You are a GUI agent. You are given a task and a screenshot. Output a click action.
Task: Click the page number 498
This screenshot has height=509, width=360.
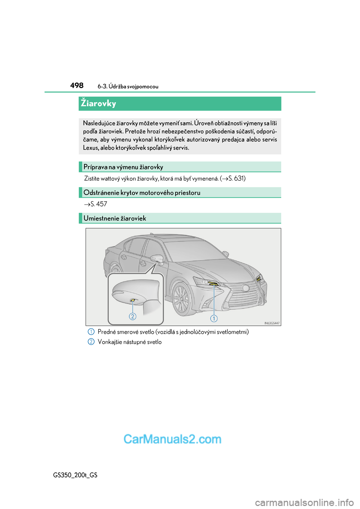pyautogui.click(x=77, y=85)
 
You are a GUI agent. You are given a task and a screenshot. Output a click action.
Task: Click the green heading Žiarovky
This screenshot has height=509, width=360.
pyautogui.click(x=99, y=103)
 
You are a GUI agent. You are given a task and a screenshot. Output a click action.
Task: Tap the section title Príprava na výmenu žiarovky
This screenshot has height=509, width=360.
pyautogui.click(x=123, y=167)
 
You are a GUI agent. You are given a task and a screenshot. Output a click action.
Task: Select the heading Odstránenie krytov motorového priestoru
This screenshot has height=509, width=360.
pyautogui.click(x=142, y=193)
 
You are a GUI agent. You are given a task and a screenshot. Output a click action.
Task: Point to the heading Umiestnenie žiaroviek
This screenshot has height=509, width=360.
pyautogui.click(x=115, y=218)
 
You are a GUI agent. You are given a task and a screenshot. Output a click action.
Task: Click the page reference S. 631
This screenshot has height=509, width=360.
pyautogui.click(x=237, y=178)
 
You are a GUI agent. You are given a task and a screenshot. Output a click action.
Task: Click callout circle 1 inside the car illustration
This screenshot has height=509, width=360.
pyautogui.click(x=214, y=319)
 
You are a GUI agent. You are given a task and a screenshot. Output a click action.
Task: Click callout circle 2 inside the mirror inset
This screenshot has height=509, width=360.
pyautogui.click(x=132, y=316)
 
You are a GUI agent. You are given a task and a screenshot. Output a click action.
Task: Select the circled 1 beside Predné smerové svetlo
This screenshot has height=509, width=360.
pyautogui.click(x=91, y=332)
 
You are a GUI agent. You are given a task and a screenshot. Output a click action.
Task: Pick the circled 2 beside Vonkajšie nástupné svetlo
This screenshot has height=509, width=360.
pyautogui.click(x=91, y=342)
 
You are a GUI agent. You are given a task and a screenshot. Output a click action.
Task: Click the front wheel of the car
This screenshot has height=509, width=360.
pyautogui.click(x=181, y=298)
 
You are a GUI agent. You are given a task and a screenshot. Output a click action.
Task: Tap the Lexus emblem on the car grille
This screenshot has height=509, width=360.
pyautogui.click(x=246, y=288)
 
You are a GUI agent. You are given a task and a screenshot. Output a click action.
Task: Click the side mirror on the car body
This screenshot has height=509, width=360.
pyautogui.click(x=157, y=259)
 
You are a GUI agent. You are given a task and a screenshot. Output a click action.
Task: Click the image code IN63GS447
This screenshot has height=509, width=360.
pyautogui.click(x=272, y=323)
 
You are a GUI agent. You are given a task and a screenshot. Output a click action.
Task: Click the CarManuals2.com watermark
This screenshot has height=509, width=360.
pyautogui.click(x=172, y=439)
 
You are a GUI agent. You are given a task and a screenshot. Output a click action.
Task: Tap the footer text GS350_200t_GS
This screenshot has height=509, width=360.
pyautogui.click(x=75, y=475)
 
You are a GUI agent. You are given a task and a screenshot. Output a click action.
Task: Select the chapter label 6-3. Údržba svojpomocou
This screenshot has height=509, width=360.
pyautogui.click(x=128, y=87)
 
